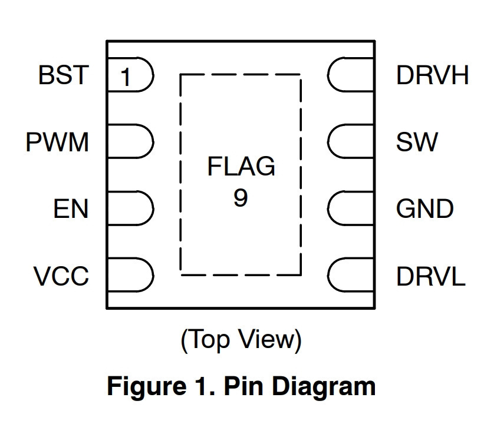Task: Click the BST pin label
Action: click(64, 75)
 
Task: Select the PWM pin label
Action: click(57, 142)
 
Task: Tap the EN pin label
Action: click(71, 209)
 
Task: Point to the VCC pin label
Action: click(61, 276)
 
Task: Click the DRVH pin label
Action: click(432, 75)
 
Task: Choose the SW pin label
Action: click(417, 142)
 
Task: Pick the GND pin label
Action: click(425, 209)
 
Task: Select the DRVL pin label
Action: click(431, 276)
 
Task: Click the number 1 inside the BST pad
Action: click(126, 77)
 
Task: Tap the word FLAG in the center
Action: click(241, 166)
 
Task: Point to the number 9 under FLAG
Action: click(241, 198)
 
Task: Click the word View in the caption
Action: click(267, 339)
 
